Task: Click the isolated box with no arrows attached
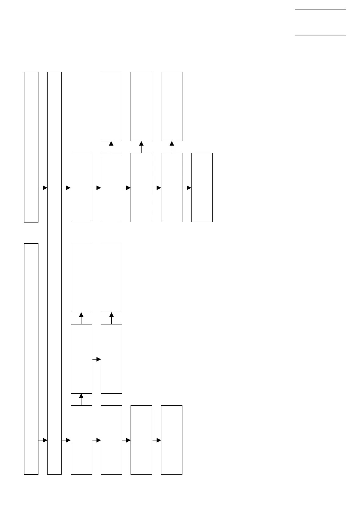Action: [x=320, y=22]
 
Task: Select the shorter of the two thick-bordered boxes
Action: [x=31, y=147]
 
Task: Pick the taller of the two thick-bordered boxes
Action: [x=31, y=359]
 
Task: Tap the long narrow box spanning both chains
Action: [x=54, y=273]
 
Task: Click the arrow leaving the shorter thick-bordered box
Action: [x=43, y=188]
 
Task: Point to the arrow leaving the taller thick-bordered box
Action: [x=43, y=440]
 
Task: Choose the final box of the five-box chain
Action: [x=202, y=187]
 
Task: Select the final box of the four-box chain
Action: [x=171, y=440]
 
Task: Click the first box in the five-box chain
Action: [x=81, y=187]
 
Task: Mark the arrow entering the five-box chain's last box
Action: [x=187, y=188]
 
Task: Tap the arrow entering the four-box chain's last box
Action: [x=156, y=440]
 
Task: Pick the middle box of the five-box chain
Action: [x=141, y=187]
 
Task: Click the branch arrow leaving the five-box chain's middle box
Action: [x=141, y=147]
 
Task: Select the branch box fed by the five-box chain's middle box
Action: [x=141, y=106]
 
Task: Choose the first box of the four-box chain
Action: [x=81, y=440]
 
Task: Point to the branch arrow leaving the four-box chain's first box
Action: [x=81, y=400]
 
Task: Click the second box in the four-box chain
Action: [x=111, y=440]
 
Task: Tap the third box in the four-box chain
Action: [x=141, y=440]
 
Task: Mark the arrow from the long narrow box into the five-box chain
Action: [x=66, y=188]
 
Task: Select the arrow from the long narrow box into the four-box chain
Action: [x=66, y=440]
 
